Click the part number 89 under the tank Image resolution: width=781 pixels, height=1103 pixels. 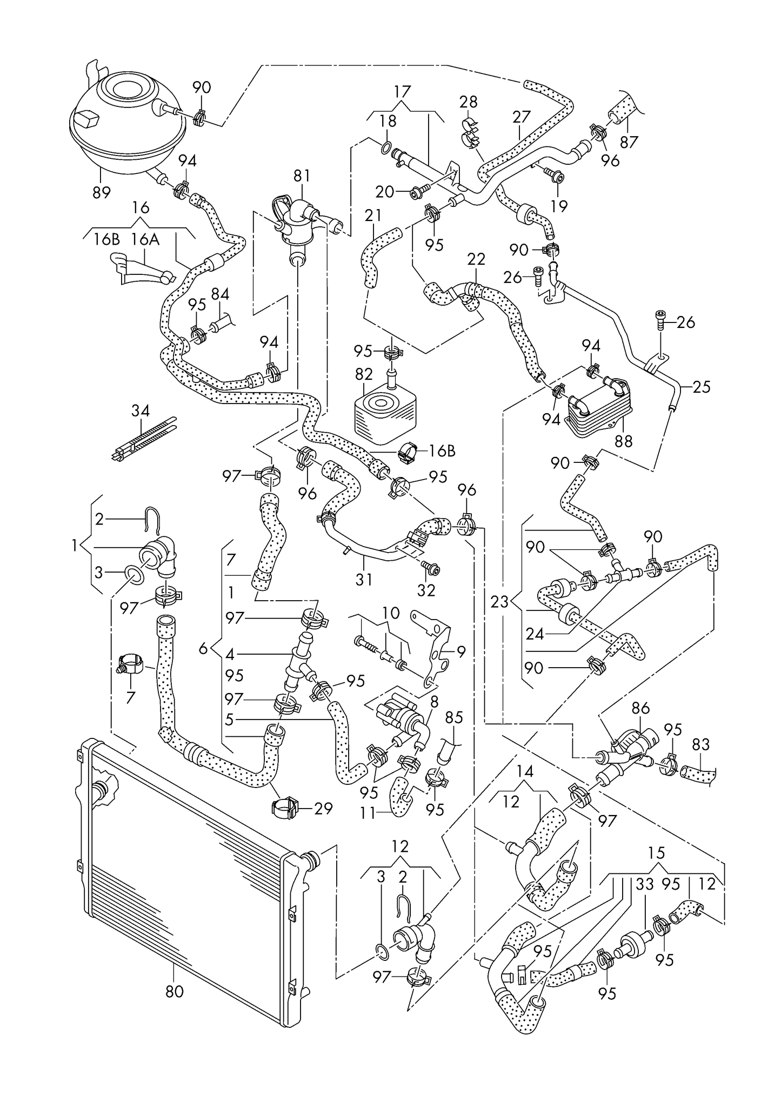[101, 192]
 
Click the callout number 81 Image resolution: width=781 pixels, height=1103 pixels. [302, 176]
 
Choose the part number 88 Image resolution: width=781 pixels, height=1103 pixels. [623, 441]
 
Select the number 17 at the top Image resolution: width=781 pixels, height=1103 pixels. [402, 91]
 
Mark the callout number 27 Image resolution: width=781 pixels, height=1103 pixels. [522, 117]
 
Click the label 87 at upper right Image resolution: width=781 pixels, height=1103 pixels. [629, 142]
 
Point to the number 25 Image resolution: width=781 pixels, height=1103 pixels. [701, 387]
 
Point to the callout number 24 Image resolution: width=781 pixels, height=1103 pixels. [535, 634]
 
